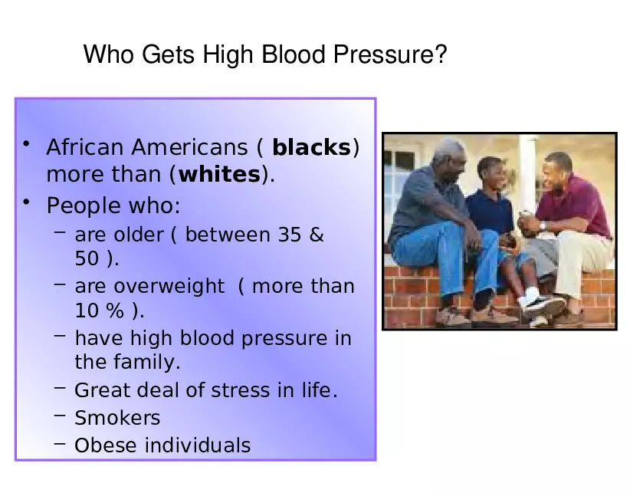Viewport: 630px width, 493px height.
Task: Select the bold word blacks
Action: click(311, 147)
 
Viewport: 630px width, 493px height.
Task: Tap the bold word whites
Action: click(219, 175)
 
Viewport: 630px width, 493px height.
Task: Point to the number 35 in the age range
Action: click(290, 235)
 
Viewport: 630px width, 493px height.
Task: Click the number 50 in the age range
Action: click(87, 259)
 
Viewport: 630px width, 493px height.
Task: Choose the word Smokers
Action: click(117, 418)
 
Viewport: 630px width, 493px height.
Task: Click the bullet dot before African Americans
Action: click(26, 144)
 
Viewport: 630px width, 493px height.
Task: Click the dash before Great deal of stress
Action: click(59, 389)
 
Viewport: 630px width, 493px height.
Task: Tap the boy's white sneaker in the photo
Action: click(544, 304)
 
